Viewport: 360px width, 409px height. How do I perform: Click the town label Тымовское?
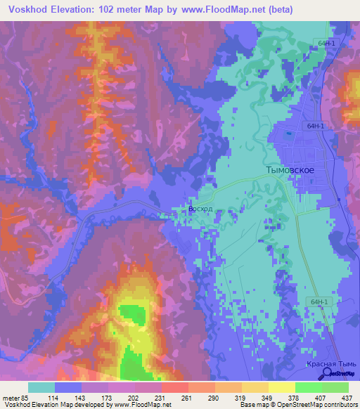coord(290,170)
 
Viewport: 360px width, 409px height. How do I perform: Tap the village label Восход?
coord(200,209)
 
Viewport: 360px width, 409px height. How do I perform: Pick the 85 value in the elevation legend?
coord(25,397)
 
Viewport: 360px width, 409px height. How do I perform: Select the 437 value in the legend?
coord(347,397)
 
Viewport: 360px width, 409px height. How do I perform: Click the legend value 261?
coord(186,397)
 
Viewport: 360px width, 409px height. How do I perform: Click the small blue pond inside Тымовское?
coord(288,134)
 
